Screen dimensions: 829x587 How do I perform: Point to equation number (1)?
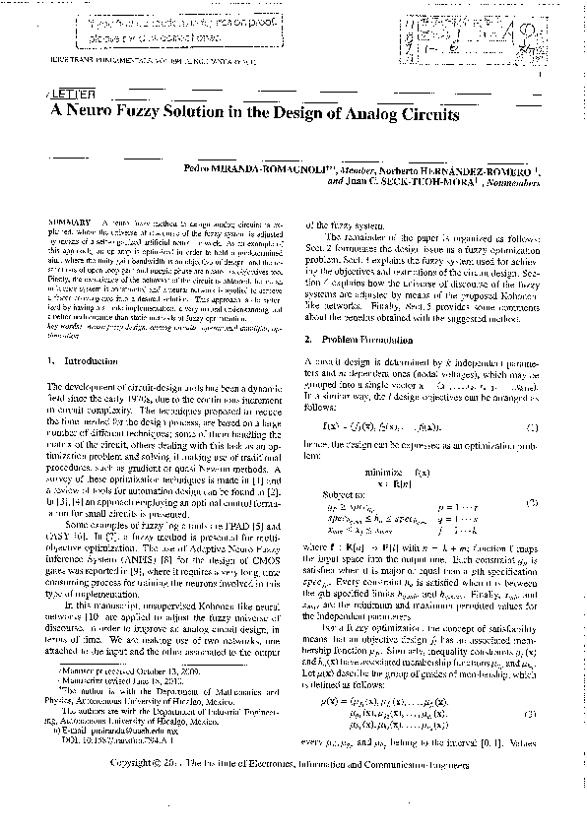[533, 428]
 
